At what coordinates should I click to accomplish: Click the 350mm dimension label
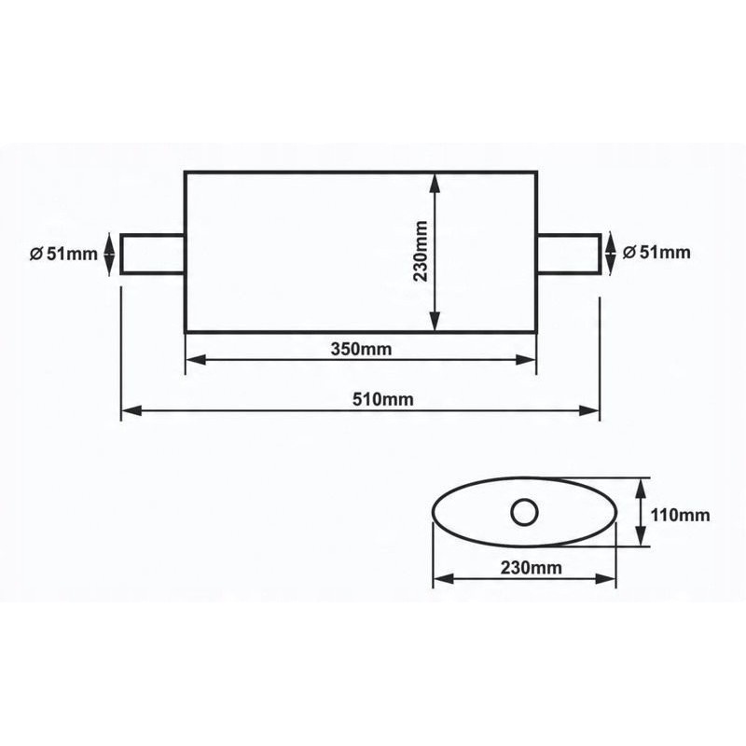point(361,349)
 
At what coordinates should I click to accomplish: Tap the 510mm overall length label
point(383,399)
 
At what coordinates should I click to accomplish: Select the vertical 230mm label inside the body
point(421,251)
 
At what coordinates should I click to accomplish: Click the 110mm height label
point(680,515)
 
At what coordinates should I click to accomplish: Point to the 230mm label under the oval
point(531,567)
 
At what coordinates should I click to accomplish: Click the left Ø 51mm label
point(63,254)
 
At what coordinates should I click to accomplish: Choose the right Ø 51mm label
point(656,252)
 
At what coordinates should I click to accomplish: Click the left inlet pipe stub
point(152,254)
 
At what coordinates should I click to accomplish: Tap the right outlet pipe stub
point(570,254)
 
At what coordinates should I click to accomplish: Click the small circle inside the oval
point(524,512)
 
